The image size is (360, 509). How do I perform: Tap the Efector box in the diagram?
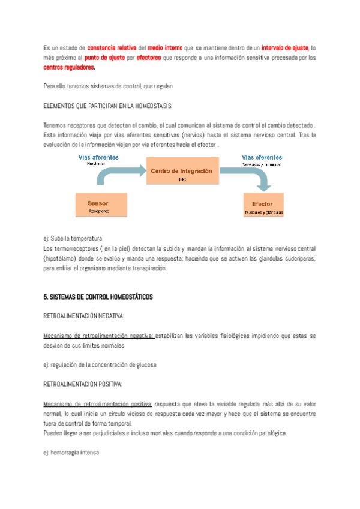coord(263,207)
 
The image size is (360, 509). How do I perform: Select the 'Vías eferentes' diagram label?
coord(262,157)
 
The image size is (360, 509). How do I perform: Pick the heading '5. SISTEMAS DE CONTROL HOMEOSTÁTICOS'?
coord(98,297)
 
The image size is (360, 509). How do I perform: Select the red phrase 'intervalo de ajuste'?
coord(285,47)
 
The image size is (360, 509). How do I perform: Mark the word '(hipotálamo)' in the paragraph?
coord(62,258)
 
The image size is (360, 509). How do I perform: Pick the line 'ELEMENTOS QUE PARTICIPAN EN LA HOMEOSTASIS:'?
coord(108,106)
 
